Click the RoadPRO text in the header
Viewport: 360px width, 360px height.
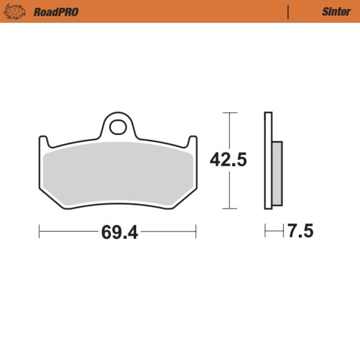click(56, 12)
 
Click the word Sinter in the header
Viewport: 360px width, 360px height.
click(336, 12)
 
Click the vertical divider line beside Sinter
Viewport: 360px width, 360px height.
click(288, 12)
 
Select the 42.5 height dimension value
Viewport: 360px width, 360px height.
click(228, 160)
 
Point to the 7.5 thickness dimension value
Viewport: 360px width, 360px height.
click(300, 232)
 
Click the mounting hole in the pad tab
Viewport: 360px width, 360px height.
click(117, 127)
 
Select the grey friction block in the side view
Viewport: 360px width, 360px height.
click(277, 173)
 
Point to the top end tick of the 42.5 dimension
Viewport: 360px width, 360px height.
click(230, 112)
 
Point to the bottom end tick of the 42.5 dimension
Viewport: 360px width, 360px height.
click(230, 209)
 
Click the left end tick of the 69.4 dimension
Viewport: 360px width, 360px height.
click(40, 232)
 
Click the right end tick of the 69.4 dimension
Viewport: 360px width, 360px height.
click(196, 232)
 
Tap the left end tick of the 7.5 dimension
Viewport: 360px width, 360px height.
click(265, 232)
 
